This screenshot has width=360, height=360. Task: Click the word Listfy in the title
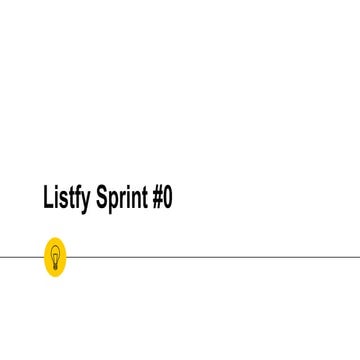[66, 198]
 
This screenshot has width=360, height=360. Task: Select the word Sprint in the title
[122, 198]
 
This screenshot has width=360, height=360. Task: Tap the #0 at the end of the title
[163, 197]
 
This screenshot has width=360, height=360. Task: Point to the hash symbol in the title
[157, 197]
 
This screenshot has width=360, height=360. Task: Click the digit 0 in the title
[168, 197]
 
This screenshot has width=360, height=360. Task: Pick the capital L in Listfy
[48, 197]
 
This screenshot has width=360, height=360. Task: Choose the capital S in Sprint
[101, 197]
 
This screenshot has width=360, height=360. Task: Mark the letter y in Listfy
[86, 200]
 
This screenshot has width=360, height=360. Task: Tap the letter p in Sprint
[112, 200]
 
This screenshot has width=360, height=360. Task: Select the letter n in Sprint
[134, 199]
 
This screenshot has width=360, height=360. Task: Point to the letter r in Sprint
[121, 199]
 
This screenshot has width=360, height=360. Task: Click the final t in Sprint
[143, 198]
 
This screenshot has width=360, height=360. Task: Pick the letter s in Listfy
[63, 199]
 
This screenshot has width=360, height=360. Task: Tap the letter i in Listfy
[56, 197]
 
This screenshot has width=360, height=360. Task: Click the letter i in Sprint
[127, 197]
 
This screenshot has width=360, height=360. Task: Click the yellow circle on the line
[56, 257]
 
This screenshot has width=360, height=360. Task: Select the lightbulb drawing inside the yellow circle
[56, 256]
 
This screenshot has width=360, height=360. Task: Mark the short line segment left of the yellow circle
[20, 257]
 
